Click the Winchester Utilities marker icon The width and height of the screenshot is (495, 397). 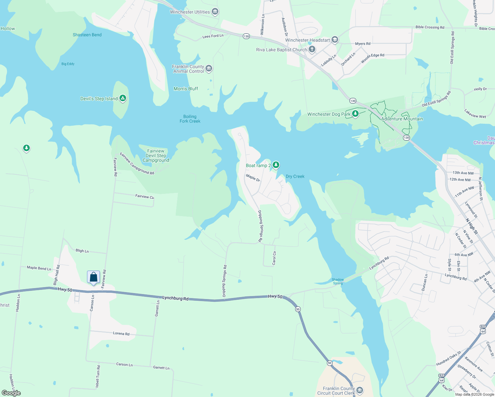coord(215,12)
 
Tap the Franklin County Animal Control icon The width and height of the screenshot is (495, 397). coord(208,68)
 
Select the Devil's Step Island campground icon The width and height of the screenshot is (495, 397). coord(123,98)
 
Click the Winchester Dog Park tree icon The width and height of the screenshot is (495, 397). coord(355,114)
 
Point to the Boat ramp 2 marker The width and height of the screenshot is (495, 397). coord(276,165)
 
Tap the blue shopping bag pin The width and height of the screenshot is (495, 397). coord(93,277)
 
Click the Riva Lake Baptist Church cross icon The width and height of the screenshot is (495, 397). coord(312,50)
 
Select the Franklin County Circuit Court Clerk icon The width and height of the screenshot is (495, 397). coord(360,390)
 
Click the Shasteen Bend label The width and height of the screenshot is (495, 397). coord(87,35)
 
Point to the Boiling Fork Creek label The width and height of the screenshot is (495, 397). coord(190,119)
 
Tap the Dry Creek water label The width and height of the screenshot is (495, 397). coord(295,176)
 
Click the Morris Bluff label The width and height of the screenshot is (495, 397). coord(186,89)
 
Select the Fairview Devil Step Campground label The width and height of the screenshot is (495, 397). coord(156,155)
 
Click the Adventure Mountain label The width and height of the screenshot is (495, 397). coord(402,119)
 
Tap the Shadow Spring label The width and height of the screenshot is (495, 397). coord(338,281)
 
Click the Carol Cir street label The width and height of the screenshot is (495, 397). coord(274,258)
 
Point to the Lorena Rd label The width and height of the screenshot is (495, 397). coord(121,333)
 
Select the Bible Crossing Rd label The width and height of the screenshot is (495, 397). coord(430,27)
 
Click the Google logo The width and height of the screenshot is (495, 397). coord(11,393)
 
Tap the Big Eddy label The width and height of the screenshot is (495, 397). coord(68,64)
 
